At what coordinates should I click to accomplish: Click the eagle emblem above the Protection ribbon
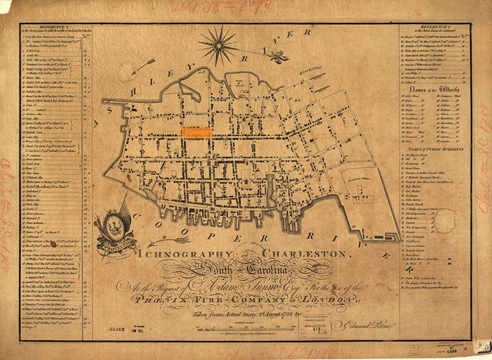coord(114,226)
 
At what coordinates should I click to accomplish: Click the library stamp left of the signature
coord(287,315)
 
